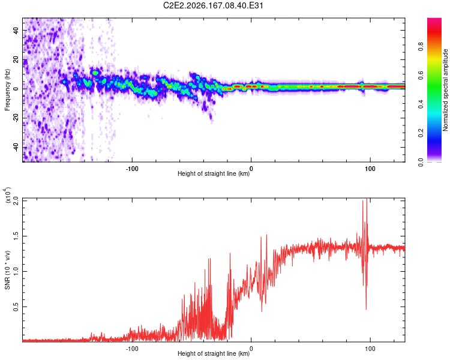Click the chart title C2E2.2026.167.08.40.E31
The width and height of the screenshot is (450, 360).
tap(213, 5)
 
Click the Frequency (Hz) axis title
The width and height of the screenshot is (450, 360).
tap(7, 90)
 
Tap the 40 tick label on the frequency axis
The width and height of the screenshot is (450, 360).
tap(16, 31)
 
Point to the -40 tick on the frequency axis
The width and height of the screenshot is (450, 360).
tap(16, 148)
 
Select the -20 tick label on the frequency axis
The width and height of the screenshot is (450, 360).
tap(16, 118)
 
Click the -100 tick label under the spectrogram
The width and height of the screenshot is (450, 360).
tap(132, 169)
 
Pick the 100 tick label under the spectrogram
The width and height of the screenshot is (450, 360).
tap(370, 169)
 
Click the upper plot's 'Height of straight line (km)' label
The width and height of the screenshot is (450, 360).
tap(214, 173)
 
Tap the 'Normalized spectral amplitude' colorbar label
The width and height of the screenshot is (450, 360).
tap(445, 90)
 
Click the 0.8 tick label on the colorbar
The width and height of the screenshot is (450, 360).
tap(421, 46)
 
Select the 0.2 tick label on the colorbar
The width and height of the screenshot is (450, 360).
tap(421, 133)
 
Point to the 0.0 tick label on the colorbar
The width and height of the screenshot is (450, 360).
tap(421, 163)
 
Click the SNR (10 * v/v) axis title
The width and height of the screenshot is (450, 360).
tap(7, 270)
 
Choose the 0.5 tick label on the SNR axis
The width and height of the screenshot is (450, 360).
tap(16, 307)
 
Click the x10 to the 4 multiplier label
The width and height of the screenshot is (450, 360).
tap(7, 195)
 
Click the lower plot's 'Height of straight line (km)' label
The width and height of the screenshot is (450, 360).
tap(214, 353)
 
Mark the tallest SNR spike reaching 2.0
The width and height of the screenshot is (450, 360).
tap(367, 199)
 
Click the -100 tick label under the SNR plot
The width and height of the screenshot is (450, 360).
tap(132, 349)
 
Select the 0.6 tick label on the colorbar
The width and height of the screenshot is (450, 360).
tap(421, 75)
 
